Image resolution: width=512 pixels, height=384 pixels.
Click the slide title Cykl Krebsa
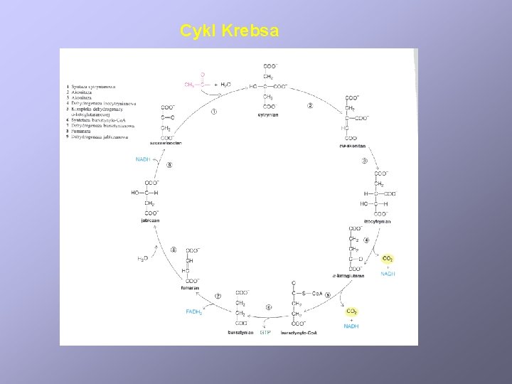click(x=230, y=31)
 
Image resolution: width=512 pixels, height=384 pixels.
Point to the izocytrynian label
click(x=378, y=221)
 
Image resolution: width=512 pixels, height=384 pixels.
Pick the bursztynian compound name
click(x=240, y=332)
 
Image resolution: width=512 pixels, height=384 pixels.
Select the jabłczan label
click(x=150, y=220)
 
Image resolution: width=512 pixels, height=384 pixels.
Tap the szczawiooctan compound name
click(x=166, y=143)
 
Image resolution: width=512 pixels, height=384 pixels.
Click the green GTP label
click(x=265, y=332)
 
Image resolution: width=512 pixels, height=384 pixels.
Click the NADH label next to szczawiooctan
click(x=144, y=159)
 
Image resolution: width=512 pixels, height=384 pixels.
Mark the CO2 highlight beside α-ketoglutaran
click(x=388, y=259)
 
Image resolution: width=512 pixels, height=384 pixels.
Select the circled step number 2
click(x=310, y=106)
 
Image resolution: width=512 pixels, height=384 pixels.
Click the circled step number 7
click(x=218, y=296)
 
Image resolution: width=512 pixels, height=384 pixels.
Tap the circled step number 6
click(x=268, y=307)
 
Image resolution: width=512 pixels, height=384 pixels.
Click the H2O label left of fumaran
click(x=142, y=259)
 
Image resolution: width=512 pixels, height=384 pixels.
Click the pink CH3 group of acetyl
click(x=189, y=85)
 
